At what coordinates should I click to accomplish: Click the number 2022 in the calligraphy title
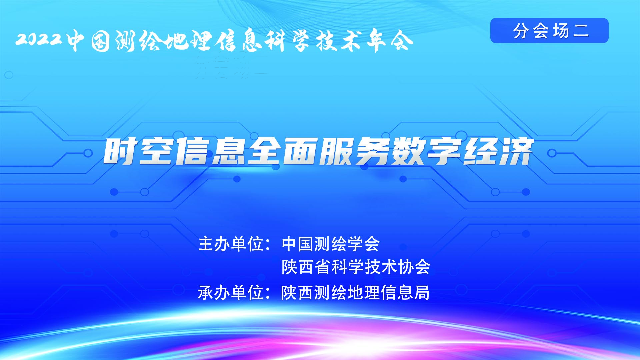pos(39,39)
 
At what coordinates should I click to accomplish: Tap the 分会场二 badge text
pos(551,31)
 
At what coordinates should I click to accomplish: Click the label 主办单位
pos(231,244)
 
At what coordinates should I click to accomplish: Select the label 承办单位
pos(231,293)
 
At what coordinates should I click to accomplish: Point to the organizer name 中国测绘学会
pos(331,244)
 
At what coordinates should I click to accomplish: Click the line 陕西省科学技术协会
pos(356,267)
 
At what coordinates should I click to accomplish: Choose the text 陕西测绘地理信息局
pos(355,293)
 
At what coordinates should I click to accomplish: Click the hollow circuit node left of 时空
pos(88,153)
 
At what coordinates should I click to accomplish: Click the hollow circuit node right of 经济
pos(552,153)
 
